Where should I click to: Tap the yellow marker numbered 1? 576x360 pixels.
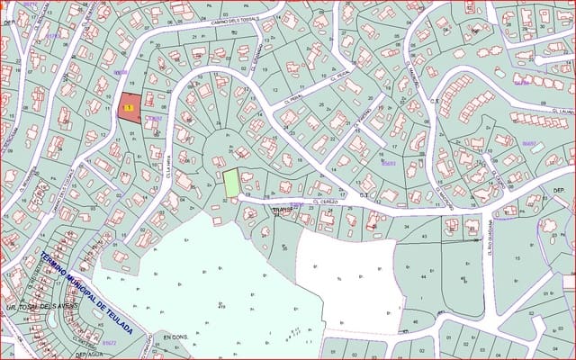(128, 108)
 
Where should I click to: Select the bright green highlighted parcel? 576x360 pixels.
(231, 183)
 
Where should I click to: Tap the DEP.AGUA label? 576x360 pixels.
(91, 354)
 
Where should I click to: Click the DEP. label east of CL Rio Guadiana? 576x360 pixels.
(558, 191)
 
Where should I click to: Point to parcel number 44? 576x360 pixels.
(422, 277)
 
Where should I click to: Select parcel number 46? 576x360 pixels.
(415, 321)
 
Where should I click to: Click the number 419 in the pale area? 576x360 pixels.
(220, 307)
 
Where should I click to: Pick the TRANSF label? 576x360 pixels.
(283, 211)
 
